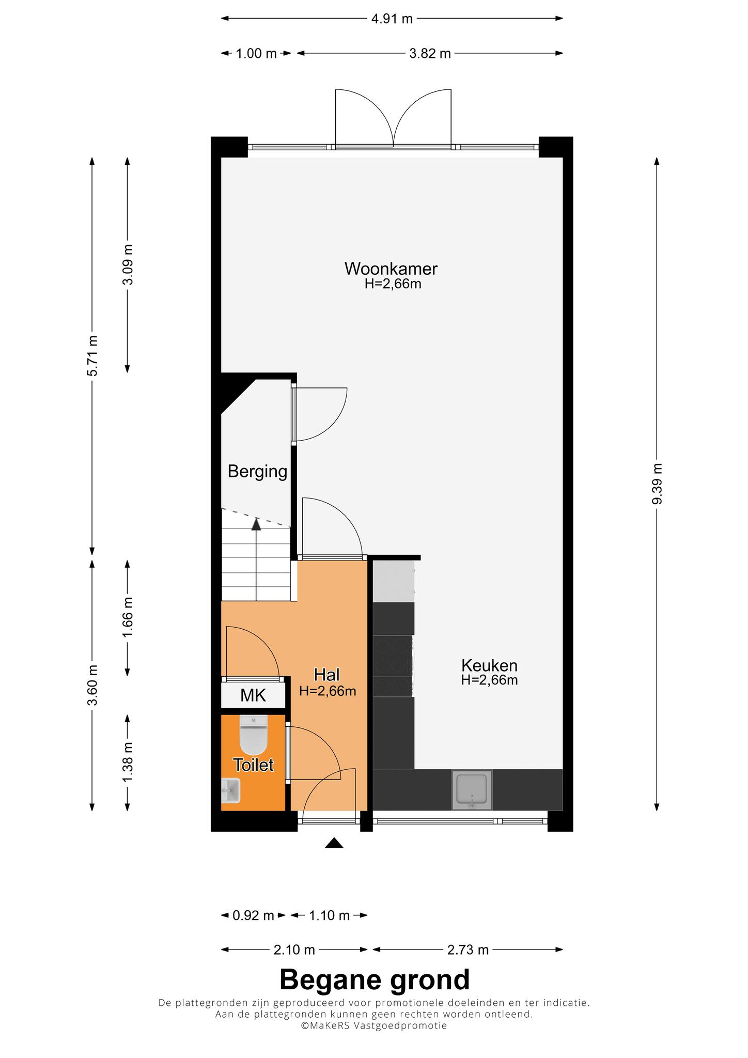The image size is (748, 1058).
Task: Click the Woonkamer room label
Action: click(x=391, y=269)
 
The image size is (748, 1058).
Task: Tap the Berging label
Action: click(x=257, y=472)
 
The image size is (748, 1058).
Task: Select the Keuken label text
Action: click(x=489, y=665)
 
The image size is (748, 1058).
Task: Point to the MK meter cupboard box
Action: click(x=253, y=695)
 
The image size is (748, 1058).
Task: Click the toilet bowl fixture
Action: click(x=254, y=735)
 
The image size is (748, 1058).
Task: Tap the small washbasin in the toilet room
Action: click(x=231, y=790)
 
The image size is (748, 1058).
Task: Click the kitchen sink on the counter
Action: click(x=472, y=790)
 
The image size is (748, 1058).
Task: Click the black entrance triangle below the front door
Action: click(x=334, y=843)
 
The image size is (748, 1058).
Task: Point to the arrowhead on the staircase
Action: click(x=256, y=524)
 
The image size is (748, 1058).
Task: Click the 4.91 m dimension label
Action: click(x=392, y=19)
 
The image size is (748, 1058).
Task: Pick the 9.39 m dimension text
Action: click(x=657, y=484)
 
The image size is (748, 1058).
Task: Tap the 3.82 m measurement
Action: click(x=430, y=53)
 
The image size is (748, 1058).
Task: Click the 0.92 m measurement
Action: click(x=253, y=916)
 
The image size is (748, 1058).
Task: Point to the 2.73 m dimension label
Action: click(x=467, y=950)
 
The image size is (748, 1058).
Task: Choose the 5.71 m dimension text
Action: click(x=92, y=355)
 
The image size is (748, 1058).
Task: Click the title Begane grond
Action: click(x=375, y=979)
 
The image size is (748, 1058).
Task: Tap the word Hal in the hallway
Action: click(x=327, y=675)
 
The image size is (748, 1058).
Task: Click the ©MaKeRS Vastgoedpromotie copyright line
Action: click(x=374, y=1025)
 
